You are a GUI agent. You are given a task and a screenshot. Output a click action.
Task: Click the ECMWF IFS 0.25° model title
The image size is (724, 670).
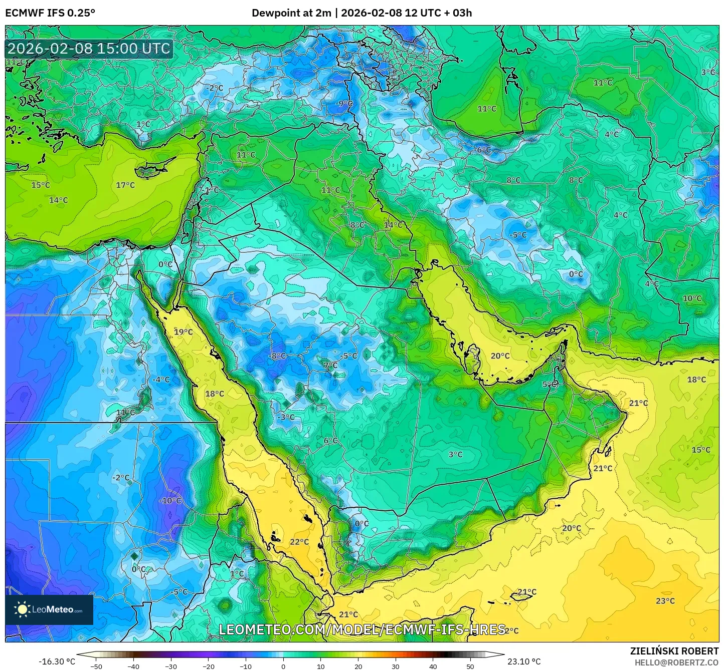[50, 13]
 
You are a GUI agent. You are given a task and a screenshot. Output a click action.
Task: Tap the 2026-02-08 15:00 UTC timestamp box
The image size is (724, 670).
[89, 49]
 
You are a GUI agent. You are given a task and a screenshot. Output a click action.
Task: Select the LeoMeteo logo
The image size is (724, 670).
[49, 609]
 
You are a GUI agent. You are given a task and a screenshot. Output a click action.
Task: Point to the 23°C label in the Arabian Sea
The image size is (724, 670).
[665, 601]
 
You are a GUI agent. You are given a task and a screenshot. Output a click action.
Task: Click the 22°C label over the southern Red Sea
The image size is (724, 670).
[299, 542]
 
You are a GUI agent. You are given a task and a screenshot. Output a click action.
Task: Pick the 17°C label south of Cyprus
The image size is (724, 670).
[125, 185]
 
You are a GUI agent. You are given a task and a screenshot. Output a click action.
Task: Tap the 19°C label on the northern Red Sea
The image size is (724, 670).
[183, 332]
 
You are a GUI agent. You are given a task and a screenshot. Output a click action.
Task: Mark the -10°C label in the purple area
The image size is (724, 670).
[170, 501]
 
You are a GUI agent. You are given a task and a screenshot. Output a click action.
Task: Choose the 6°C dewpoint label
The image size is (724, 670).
[330, 441]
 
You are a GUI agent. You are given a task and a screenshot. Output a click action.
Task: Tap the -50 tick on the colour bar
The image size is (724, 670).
[96, 666]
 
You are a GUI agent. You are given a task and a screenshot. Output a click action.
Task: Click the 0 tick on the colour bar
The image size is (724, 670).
[283, 666]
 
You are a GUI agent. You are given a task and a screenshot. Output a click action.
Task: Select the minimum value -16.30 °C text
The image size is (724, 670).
[57, 661]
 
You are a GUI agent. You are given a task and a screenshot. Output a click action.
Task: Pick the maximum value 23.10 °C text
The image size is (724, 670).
[524, 661]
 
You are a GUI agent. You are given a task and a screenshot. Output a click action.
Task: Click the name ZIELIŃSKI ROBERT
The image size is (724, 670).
[674, 651]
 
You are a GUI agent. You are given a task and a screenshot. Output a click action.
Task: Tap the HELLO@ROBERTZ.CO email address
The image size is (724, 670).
[676, 662]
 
